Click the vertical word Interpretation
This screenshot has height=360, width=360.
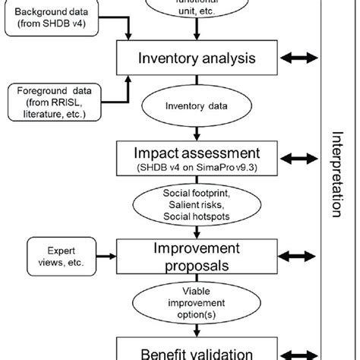336,175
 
